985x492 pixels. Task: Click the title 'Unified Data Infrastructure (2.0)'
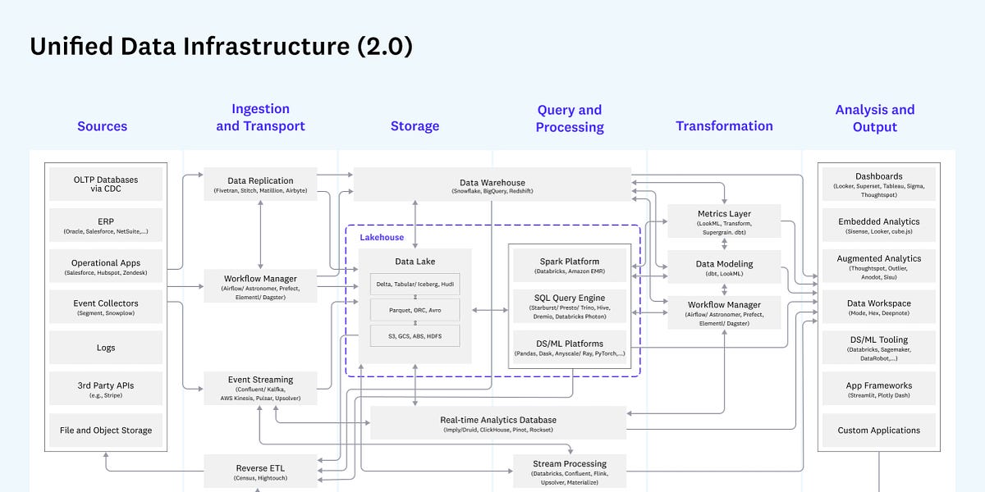click(221, 47)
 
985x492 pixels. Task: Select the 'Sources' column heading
click(102, 126)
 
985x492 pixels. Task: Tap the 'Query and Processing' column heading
click(570, 118)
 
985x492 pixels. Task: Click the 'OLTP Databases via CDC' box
click(105, 184)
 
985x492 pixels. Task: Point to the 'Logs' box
click(105, 348)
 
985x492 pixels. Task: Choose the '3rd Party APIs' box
click(105, 389)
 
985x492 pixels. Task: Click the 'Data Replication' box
click(260, 184)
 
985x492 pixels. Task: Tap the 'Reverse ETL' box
click(260, 472)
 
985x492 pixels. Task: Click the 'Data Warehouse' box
click(492, 185)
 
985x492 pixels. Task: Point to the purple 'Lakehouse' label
click(382, 237)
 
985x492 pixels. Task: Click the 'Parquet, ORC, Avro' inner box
click(415, 310)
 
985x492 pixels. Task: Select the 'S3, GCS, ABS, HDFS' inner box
click(415, 336)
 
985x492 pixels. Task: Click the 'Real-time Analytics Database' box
click(498, 423)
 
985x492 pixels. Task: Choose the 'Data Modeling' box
click(723, 268)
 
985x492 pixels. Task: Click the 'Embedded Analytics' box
click(878, 226)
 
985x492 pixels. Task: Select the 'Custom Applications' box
click(878, 430)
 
